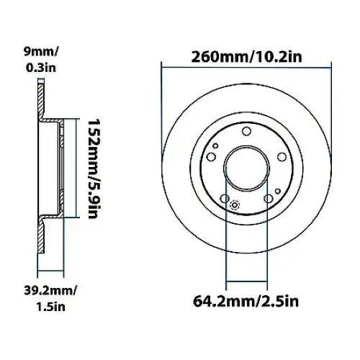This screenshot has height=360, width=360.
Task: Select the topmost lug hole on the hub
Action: [x=246, y=130]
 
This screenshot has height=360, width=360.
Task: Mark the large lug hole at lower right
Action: [x=268, y=199]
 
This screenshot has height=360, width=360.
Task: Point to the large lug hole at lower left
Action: [x=224, y=199]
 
